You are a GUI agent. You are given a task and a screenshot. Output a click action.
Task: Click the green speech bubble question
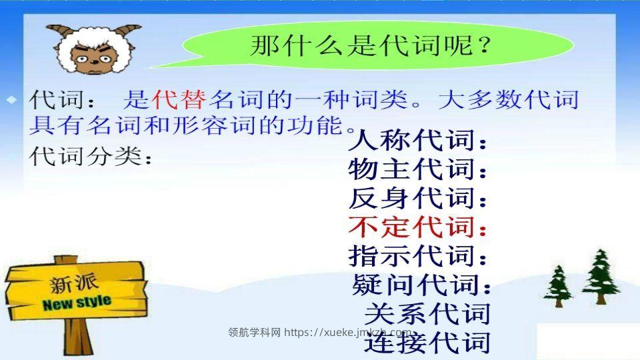pos(371,46)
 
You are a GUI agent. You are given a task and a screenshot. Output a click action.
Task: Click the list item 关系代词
pos(427,313)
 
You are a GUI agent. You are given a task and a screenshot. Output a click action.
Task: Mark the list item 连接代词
pos(427,343)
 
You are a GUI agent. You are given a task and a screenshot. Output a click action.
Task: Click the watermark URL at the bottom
pos(320,333)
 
